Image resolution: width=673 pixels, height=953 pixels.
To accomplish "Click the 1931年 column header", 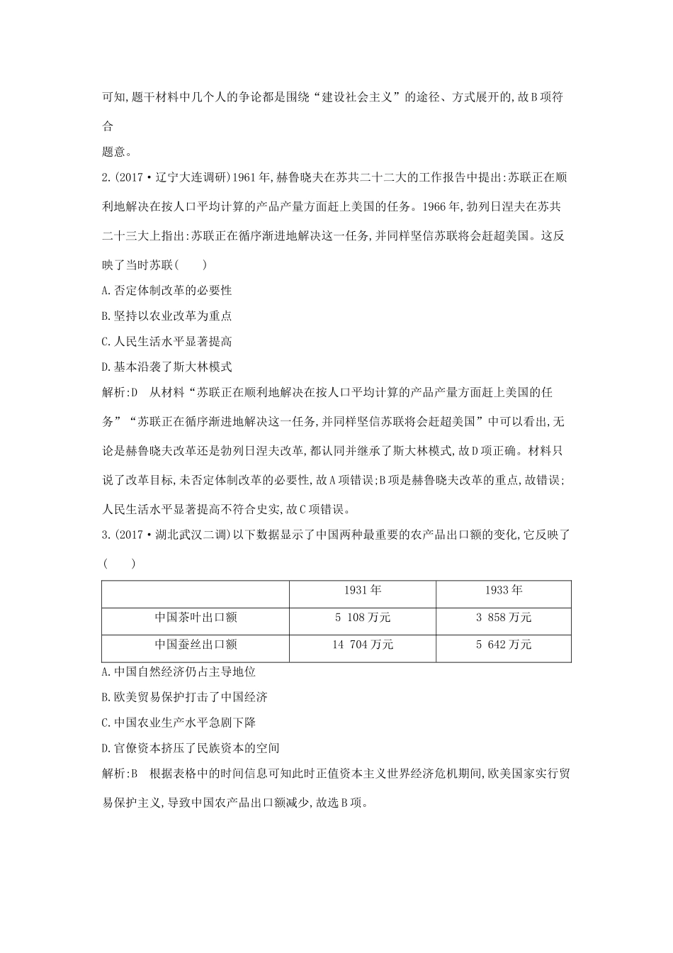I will coord(363,591).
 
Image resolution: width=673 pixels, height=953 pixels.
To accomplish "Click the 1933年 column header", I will coord(504,591).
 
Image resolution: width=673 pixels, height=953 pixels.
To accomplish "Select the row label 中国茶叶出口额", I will coord(196,618).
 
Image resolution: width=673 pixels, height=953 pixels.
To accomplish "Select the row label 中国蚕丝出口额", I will coord(196,645).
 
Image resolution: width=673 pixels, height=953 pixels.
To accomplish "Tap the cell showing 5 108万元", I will coord(363,618).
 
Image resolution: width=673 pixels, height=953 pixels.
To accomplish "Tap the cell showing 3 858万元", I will coord(504,618).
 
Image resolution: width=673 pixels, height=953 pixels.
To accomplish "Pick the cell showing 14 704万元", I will coord(363,645).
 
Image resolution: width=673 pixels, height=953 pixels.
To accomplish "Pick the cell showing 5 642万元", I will coord(504,645).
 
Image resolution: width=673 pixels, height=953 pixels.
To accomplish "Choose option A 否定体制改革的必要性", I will coord(167,290).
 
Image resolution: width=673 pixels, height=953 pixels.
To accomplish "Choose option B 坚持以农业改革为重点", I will coord(167,316).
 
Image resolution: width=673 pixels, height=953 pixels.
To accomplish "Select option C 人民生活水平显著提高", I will coord(167,341).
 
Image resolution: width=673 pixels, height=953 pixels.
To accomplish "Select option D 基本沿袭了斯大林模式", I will coord(167,367).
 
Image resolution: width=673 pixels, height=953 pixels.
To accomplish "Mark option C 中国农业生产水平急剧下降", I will coord(179,723).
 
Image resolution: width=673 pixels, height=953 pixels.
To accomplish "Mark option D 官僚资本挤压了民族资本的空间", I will coord(191,748).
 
